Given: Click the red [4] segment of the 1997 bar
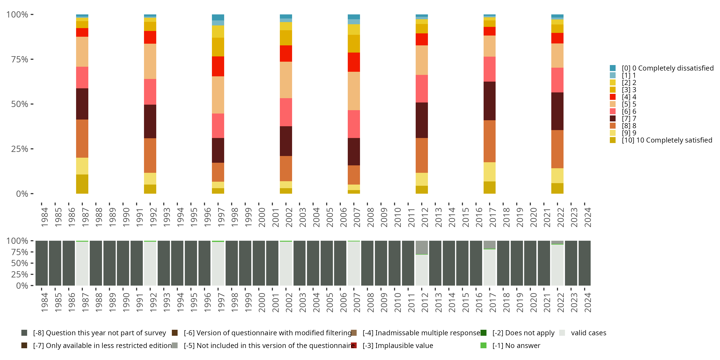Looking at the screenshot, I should pyautogui.click(x=218, y=66).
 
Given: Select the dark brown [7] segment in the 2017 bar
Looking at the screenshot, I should pyautogui.click(x=489, y=101).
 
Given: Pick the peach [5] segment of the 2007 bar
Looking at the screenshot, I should pyautogui.click(x=354, y=91).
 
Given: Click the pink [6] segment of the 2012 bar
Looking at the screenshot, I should pyautogui.click(x=421, y=89).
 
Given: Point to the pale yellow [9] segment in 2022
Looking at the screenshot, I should pyautogui.click(x=557, y=175).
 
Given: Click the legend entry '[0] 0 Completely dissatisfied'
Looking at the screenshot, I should pyautogui.click(x=667, y=68).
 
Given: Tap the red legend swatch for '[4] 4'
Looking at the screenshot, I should pyautogui.click(x=613, y=97).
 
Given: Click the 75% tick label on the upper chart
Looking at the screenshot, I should pyautogui.click(x=20, y=59).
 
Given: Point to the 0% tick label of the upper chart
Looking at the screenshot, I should pyautogui.click(x=22, y=194).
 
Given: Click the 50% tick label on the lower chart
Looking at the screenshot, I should pyautogui.click(x=20, y=263).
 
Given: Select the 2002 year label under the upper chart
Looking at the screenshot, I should pyautogui.click(x=289, y=217).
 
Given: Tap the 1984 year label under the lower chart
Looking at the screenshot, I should pyautogui.click(x=44, y=303).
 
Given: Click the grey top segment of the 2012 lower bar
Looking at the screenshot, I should pyautogui.click(x=421, y=247).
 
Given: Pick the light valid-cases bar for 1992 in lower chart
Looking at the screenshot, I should pyautogui.click(x=150, y=263).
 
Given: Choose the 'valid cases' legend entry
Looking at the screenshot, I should pyautogui.click(x=588, y=333).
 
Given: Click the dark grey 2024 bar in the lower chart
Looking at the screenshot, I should pyautogui.click(x=584, y=263).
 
